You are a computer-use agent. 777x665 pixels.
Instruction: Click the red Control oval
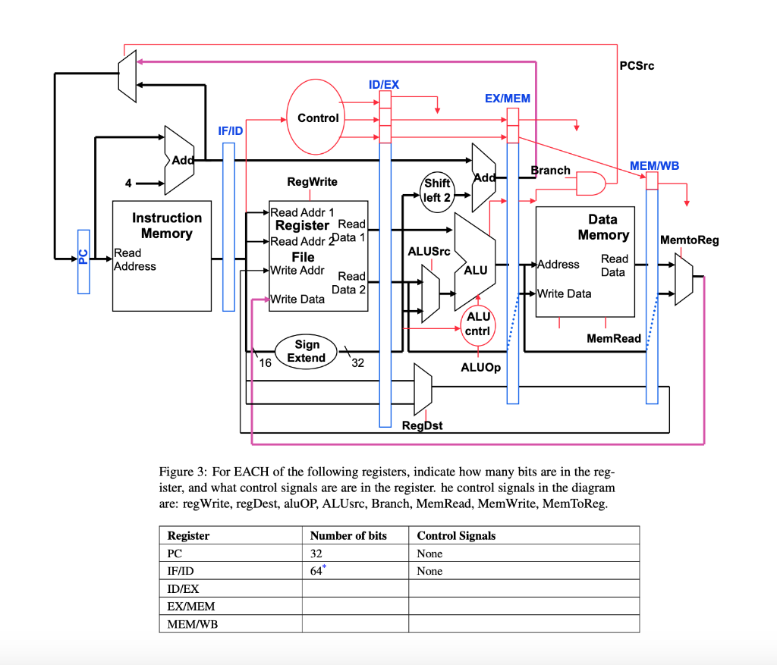pyautogui.click(x=318, y=118)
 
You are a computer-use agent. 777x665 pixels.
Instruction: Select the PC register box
pyautogui.click(x=83, y=261)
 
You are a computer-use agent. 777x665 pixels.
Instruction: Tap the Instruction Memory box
pyautogui.click(x=162, y=255)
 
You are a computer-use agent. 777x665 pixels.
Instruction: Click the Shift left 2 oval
pyautogui.click(x=437, y=190)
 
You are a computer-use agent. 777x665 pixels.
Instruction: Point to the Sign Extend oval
pyautogui.click(x=306, y=351)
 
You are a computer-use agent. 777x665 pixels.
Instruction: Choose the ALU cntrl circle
pyautogui.click(x=478, y=324)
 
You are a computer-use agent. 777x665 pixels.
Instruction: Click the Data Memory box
pyautogui.click(x=584, y=261)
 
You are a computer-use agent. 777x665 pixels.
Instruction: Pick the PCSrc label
pyautogui.click(x=636, y=66)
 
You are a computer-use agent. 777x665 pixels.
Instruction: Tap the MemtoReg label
pyautogui.click(x=689, y=240)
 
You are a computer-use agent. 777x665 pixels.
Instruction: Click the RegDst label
pyautogui.click(x=422, y=425)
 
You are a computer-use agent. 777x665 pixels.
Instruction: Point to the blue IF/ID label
pyautogui.click(x=230, y=131)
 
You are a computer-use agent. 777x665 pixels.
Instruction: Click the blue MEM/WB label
pyautogui.click(x=654, y=165)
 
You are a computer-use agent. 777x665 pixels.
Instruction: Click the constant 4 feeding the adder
pyautogui.click(x=128, y=184)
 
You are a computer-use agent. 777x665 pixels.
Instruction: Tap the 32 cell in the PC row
pyautogui.click(x=317, y=554)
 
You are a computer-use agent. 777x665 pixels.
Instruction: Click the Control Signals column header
pyautogui.click(x=456, y=535)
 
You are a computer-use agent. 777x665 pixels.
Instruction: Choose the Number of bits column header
pyautogui.click(x=348, y=535)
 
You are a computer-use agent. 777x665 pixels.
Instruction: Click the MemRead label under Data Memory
pyautogui.click(x=614, y=338)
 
